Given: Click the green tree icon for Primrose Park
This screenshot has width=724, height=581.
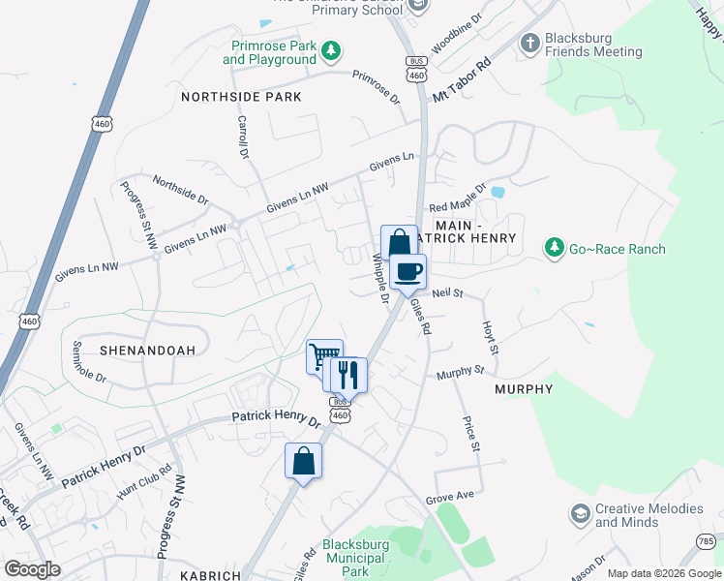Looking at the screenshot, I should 330,50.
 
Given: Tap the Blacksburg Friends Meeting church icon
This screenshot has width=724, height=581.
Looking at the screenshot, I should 529,43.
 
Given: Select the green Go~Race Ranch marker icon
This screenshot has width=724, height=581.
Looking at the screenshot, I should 554,249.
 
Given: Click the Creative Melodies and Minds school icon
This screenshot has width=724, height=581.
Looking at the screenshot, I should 580,513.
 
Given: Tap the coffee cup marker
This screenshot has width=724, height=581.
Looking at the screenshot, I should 408,271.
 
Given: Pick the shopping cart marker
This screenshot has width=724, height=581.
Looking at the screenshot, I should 323,355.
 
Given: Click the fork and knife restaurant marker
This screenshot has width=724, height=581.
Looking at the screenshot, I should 349,374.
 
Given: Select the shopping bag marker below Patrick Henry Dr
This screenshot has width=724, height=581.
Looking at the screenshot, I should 303,461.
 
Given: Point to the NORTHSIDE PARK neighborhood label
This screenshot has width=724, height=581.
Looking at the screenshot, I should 241,97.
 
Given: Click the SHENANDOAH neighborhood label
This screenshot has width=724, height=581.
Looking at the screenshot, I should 148,350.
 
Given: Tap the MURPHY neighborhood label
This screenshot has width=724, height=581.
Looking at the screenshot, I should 524,389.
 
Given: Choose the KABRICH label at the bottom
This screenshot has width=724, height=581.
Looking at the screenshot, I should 210,574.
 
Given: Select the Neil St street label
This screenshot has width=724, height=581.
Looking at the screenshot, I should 448,292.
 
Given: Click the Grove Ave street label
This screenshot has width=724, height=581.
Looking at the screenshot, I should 450,497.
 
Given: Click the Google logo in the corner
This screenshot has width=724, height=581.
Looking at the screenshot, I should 33,568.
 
